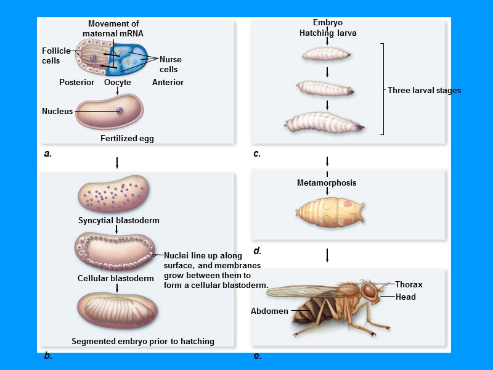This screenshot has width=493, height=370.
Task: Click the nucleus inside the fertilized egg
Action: click(x=120, y=111)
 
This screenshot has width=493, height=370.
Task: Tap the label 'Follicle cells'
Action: click(x=56, y=55)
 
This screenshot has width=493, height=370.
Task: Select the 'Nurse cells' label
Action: click(x=170, y=64)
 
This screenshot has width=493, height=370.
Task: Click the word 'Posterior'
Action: click(x=76, y=82)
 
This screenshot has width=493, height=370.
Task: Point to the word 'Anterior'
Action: click(x=168, y=82)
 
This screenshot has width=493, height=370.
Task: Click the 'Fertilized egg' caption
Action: click(x=127, y=139)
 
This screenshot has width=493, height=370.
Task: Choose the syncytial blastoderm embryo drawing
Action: click(x=113, y=194)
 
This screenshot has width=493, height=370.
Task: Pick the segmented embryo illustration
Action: click(x=117, y=311)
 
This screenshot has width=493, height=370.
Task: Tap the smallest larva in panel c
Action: click(x=327, y=55)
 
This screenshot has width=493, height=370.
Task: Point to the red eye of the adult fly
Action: click(x=369, y=290)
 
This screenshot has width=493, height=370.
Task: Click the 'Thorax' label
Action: click(x=409, y=285)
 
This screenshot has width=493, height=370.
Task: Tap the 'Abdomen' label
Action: click(x=269, y=311)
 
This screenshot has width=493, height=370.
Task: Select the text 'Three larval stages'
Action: click(x=424, y=91)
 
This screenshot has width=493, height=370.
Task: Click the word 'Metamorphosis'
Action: click(x=327, y=183)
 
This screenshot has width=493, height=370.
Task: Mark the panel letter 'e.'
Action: click(x=258, y=356)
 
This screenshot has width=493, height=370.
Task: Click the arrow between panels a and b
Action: click(x=117, y=163)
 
